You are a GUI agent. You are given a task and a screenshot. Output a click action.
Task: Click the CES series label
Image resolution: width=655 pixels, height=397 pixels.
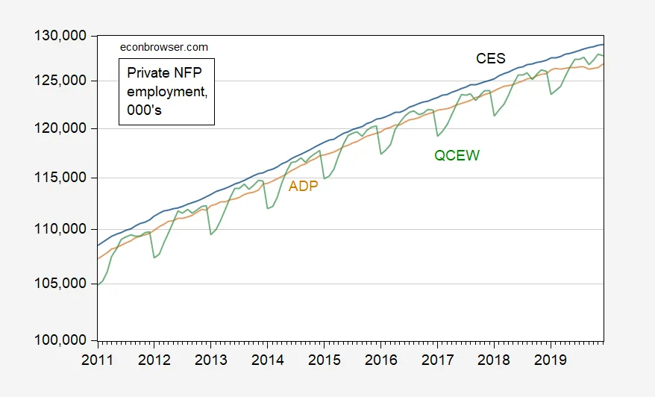coord(491,58)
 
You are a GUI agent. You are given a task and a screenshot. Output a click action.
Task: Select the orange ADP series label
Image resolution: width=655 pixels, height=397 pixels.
coord(304,187)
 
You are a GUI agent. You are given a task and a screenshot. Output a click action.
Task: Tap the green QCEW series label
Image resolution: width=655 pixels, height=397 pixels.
coord(457,156)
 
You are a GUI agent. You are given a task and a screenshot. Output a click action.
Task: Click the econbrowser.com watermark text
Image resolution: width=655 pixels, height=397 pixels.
coord(164,47)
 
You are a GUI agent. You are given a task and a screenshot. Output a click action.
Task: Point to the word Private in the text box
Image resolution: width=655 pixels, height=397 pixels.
coord(148,73)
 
